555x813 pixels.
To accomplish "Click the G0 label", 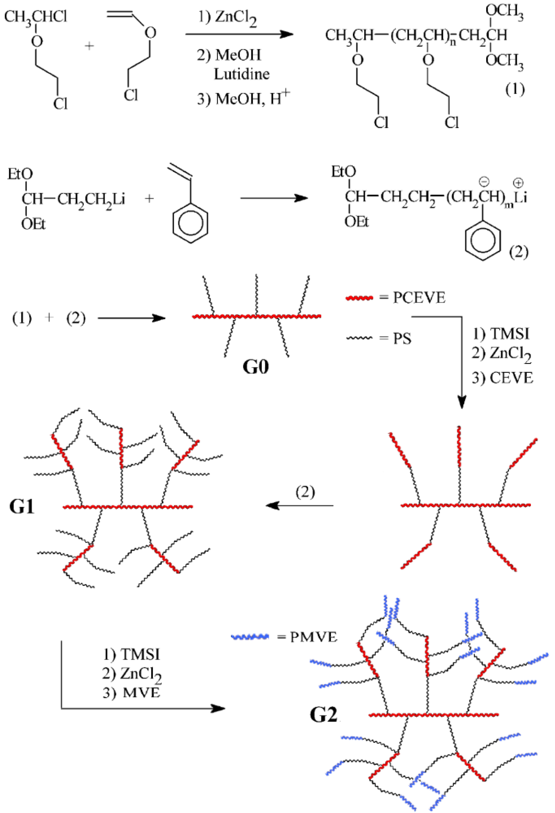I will [256, 367].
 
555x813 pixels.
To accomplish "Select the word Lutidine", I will [242, 74].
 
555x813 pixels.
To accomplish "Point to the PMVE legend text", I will [313, 637].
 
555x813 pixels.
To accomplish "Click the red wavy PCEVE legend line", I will [359, 298].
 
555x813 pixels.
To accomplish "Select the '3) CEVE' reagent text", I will [502, 378].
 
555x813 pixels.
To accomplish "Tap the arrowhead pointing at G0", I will [160, 318].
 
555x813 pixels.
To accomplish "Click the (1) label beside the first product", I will [515, 90].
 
